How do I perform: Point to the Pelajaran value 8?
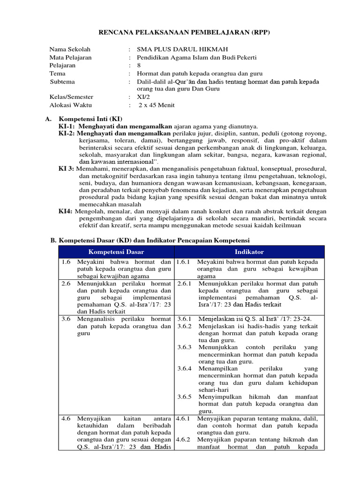pos(138,65)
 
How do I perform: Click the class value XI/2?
pos(142,97)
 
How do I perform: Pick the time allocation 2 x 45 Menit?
pos(156,105)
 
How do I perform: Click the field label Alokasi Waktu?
pos(70,105)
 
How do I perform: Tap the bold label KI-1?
pos(67,127)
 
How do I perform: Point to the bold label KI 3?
pos(67,168)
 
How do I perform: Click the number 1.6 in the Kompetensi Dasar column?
pos(66,262)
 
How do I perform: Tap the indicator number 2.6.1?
pos(185,284)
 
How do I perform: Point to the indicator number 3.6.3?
pos(185,347)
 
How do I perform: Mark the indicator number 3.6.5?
pos(185,397)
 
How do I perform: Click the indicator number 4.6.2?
pos(185,440)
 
